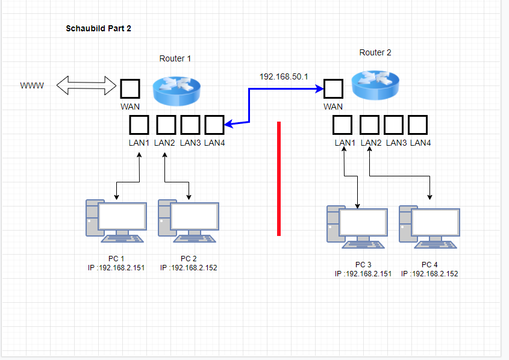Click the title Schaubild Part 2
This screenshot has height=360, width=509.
point(98,28)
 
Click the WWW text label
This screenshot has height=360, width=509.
point(32,86)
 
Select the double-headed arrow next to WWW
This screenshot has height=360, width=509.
point(86,85)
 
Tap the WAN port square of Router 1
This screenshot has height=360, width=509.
point(130,89)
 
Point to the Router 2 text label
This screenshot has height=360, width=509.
point(375,52)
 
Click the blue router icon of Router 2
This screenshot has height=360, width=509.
point(375,84)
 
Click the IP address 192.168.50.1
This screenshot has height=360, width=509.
point(284,76)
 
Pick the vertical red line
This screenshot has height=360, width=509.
point(279,178)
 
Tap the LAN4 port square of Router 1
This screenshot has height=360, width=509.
point(214,125)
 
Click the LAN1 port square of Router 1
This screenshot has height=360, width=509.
point(139,125)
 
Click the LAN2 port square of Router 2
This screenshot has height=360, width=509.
point(369,125)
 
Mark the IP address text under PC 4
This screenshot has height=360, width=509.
point(429,273)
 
